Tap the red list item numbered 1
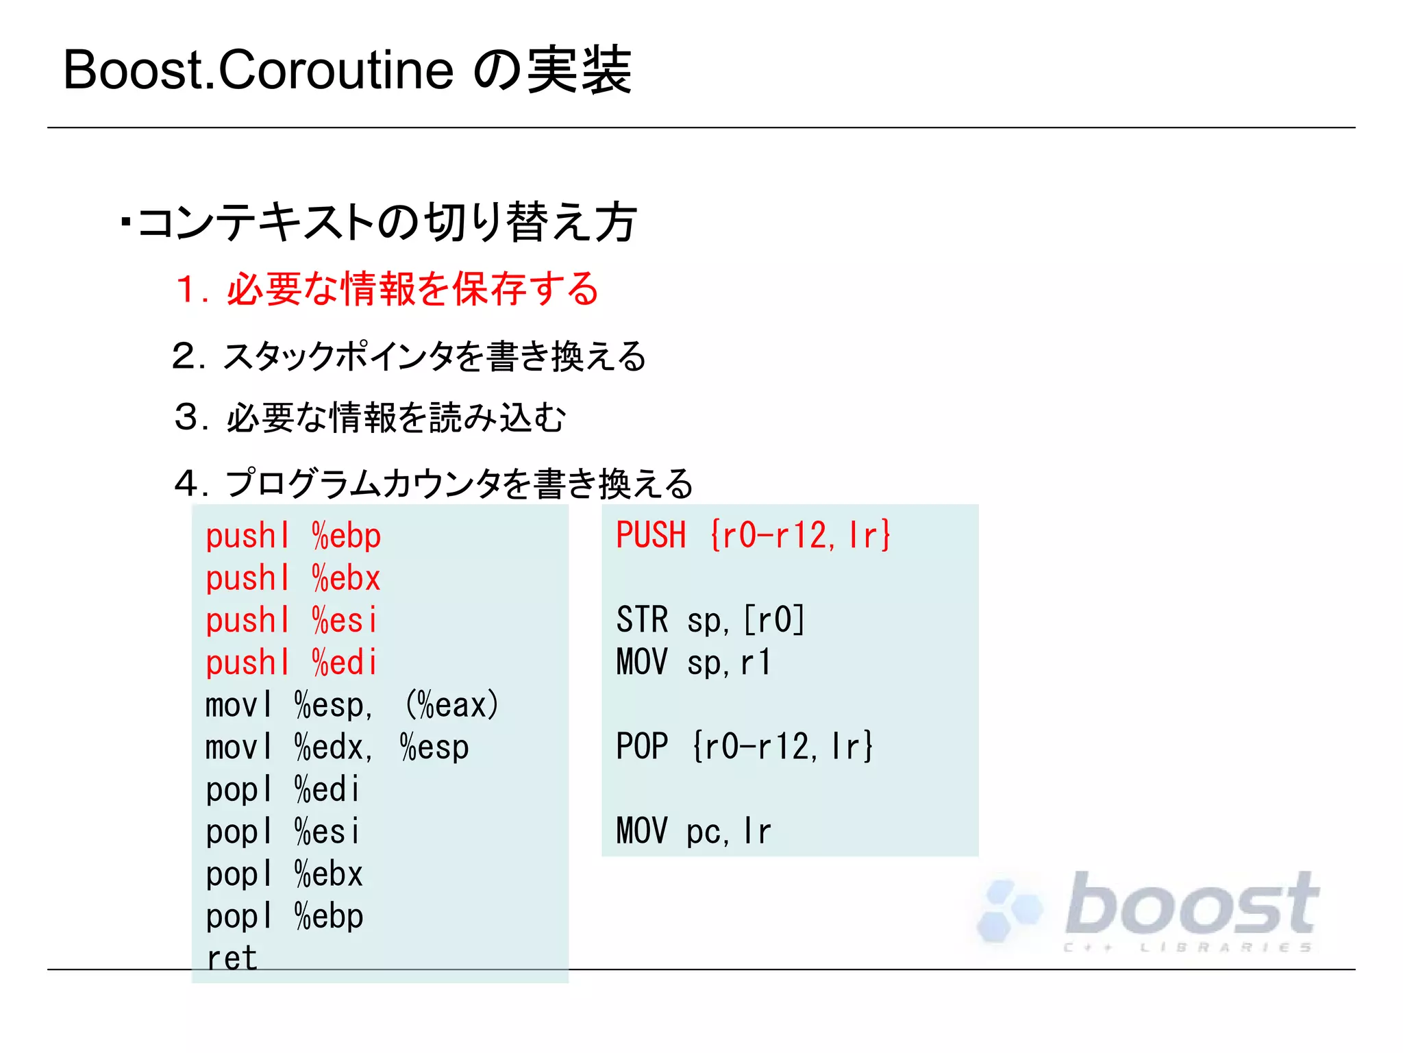click(387, 288)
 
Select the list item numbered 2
click(409, 356)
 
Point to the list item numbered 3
click(370, 417)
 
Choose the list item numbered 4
click(434, 483)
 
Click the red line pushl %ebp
click(293, 536)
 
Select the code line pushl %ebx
click(293, 578)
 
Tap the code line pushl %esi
click(291, 621)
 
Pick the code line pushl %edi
click(291, 663)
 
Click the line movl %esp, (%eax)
click(351, 705)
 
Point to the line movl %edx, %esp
click(337, 747)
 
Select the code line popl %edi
click(282, 790)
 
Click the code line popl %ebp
click(284, 917)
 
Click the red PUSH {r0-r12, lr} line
click(753, 535)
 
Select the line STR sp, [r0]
click(710, 620)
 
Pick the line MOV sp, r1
click(693, 662)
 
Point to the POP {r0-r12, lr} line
click(745, 746)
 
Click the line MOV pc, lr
click(693, 831)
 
